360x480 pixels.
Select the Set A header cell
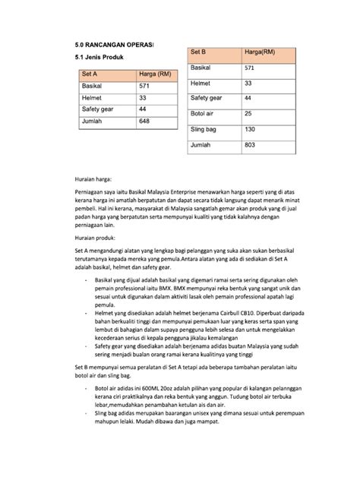click(90, 74)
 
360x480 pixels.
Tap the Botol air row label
click(204, 114)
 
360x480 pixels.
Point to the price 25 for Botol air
click(248, 114)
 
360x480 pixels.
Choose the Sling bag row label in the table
click(204, 130)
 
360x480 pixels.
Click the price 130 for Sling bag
click(250, 130)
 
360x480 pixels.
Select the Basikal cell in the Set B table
click(202, 68)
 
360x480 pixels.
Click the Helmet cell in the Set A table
click(93, 99)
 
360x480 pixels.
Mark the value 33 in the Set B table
click(248, 83)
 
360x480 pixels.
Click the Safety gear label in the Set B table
click(207, 99)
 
